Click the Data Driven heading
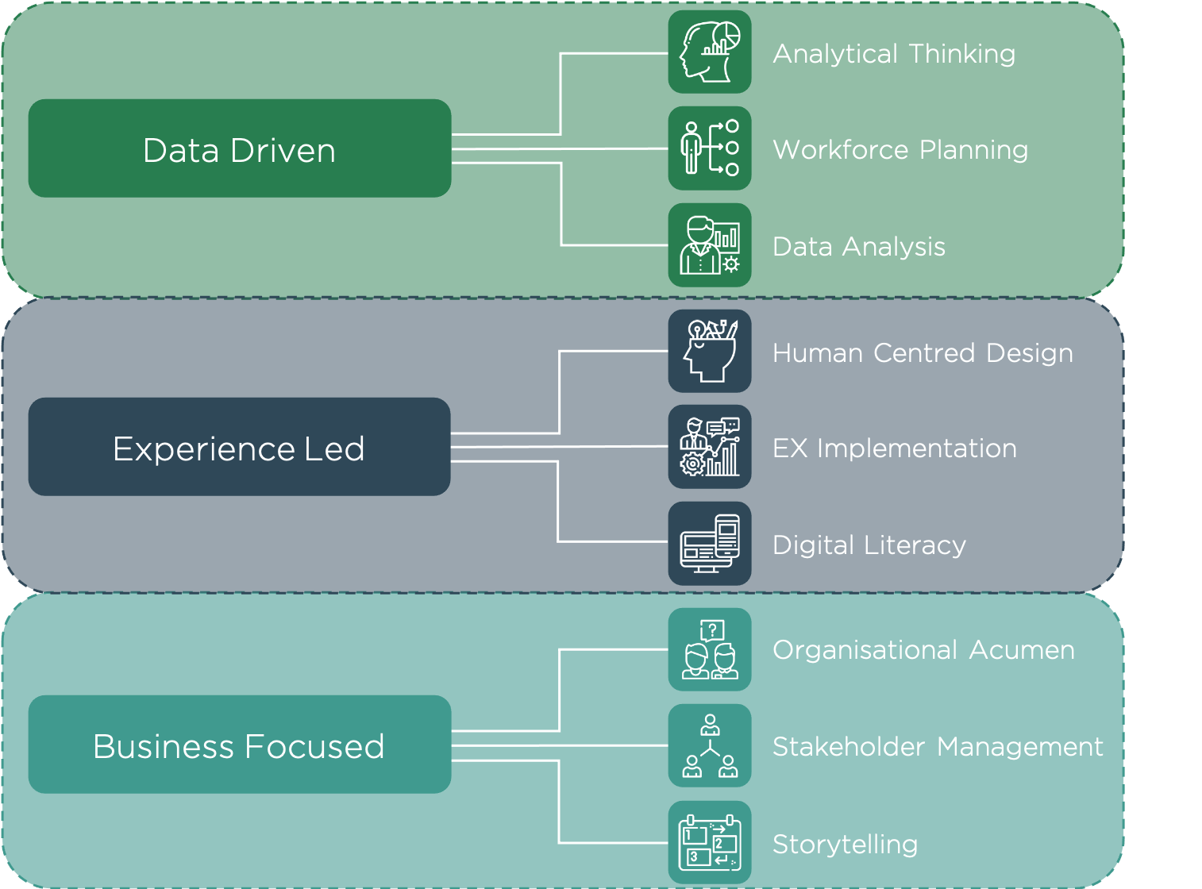(239, 151)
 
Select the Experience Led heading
(239, 449)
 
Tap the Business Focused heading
(239, 747)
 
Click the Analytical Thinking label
(894, 54)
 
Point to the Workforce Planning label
(900, 150)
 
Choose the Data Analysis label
(859, 247)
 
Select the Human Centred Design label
(923, 353)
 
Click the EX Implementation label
(895, 448)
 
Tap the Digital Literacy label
(869, 545)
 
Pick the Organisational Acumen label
(923, 650)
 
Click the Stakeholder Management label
(938, 747)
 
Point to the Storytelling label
(845, 845)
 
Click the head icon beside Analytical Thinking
(710, 52)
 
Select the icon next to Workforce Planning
(710, 148)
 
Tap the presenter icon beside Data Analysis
(710, 245)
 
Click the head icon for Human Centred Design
(710, 351)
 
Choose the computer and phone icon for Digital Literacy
(710, 544)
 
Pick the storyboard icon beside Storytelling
(710, 843)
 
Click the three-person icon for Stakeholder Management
(710, 746)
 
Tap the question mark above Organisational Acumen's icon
(713, 630)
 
